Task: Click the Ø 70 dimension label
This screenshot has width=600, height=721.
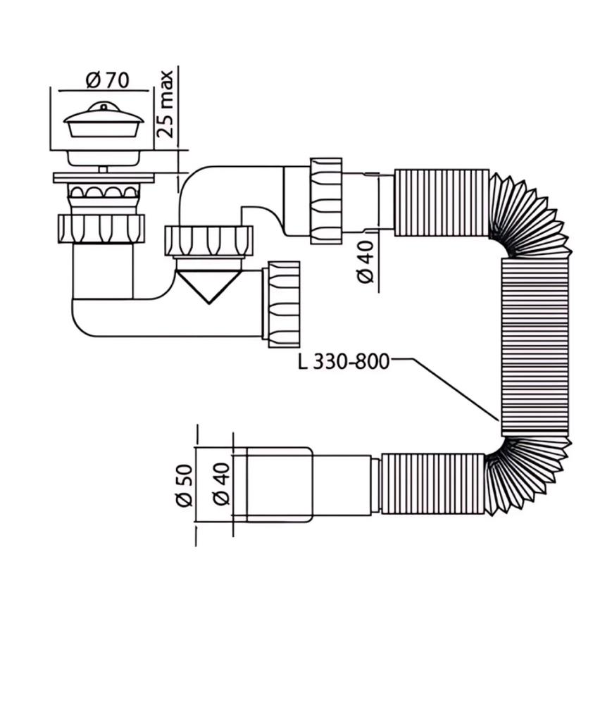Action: [x=108, y=80]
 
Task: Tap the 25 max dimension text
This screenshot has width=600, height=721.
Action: [x=165, y=104]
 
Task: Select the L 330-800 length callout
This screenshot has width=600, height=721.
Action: [x=343, y=361]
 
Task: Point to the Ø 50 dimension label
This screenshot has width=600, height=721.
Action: [x=185, y=486]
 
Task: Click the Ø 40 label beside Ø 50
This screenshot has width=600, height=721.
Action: [x=222, y=484]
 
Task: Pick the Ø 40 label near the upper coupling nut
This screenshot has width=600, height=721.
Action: [x=366, y=262]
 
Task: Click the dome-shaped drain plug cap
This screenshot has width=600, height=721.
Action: [x=104, y=120]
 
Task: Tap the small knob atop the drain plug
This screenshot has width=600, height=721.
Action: [x=104, y=108]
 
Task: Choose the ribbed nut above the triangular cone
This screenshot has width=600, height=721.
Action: [x=208, y=241]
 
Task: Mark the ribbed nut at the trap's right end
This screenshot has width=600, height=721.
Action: [x=282, y=304]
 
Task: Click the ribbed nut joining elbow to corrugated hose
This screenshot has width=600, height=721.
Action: [x=327, y=201]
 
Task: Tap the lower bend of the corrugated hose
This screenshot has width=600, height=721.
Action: [x=529, y=476]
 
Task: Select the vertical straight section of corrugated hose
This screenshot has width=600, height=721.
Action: [x=535, y=347]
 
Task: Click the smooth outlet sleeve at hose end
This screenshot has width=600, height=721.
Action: [x=280, y=484]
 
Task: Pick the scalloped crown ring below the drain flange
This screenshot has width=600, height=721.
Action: [x=103, y=196]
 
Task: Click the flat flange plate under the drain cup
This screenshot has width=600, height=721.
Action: [x=104, y=177]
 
